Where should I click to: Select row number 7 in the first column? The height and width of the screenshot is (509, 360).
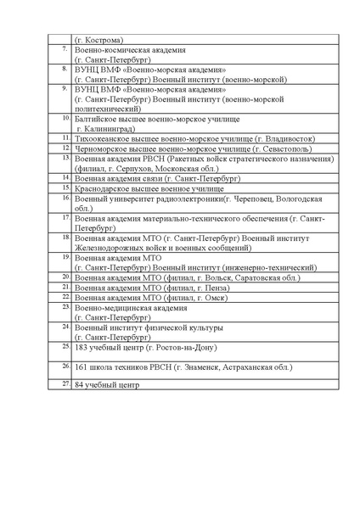pos(65,48)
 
